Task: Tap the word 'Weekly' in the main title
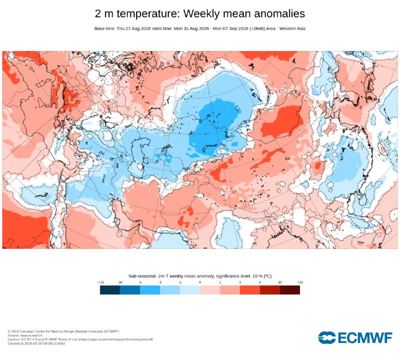click(x=202, y=14)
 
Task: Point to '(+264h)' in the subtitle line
click(x=257, y=28)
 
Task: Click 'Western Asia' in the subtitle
click(x=292, y=28)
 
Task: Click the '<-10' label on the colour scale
click(x=101, y=282)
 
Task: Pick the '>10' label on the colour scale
click(x=300, y=282)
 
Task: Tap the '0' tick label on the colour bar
click(x=200, y=282)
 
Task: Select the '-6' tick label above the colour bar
click(x=140, y=282)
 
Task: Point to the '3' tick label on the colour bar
click(x=240, y=282)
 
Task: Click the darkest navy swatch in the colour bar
click(x=110, y=290)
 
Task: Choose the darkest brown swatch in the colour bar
click(x=290, y=290)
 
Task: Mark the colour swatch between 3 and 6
click(x=250, y=290)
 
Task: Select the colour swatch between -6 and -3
click(x=150, y=290)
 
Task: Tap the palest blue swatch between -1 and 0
click(x=190, y=290)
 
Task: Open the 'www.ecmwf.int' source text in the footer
click(x=31, y=335)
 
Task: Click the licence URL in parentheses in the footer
click(x=116, y=339)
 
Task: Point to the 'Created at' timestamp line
click(x=36, y=343)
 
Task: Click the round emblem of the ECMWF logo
click(x=327, y=337)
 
